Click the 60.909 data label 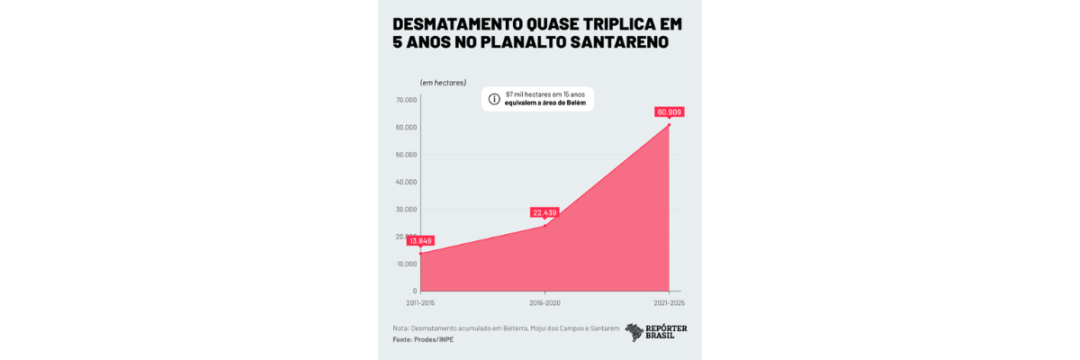[x=670, y=112]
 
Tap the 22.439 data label [x=544, y=213]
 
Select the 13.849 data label [x=420, y=240]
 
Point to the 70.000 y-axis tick [x=406, y=100]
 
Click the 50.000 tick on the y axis [x=406, y=155]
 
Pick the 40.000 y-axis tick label [x=406, y=182]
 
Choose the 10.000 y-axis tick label [x=406, y=264]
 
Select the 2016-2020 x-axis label [x=544, y=303]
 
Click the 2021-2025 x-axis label [x=670, y=303]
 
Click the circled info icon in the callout [x=494, y=99]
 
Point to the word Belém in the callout [x=575, y=103]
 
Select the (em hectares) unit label [x=443, y=83]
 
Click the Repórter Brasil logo [x=656, y=332]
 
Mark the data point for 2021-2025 [x=670, y=124]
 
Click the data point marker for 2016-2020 [x=544, y=225]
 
